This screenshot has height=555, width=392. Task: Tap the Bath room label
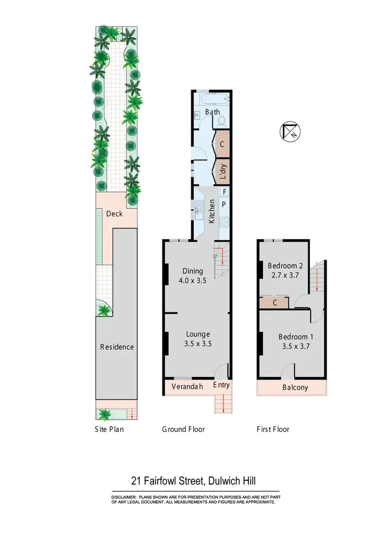[x=212, y=112]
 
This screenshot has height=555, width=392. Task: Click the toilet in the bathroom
[x=221, y=120]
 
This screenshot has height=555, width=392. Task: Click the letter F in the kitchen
[x=223, y=192]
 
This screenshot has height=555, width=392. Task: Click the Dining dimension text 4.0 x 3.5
[x=192, y=281]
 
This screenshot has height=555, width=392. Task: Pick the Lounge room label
[x=197, y=334]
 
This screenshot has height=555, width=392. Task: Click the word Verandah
[x=187, y=386]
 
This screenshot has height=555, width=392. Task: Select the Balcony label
[x=294, y=387]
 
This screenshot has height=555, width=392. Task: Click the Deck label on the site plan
[x=114, y=214]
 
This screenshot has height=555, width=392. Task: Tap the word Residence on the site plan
[x=116, y=347]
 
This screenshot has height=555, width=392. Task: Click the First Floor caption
[x=273, y=429]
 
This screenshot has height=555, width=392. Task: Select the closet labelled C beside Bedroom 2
[x=275, y=303]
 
